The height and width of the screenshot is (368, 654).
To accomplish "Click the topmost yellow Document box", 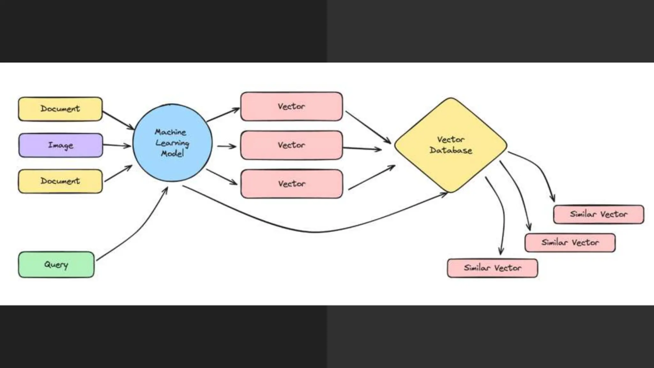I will (60, 109).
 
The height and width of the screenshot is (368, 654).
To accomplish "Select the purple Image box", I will (61, 145).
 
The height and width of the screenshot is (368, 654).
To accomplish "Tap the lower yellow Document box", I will (60, 181).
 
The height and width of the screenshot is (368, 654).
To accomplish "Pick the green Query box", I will (56, 264).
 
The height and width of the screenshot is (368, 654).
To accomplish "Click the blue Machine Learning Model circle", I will (172, 143).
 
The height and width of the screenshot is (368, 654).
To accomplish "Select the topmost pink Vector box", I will (291, 106).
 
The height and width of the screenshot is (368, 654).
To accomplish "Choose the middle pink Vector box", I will (291, 145).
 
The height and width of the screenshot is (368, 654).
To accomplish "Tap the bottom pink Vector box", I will (292, 184).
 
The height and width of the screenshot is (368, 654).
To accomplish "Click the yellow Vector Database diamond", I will (451, 145).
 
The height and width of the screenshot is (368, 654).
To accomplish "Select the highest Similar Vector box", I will (598, 214).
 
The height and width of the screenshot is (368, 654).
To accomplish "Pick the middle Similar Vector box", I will (570, 243).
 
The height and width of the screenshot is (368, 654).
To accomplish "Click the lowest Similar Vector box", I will (492, 268).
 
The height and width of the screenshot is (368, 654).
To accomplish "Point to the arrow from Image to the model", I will (117, 146).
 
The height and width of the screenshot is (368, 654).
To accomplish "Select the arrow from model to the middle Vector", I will (227, 147).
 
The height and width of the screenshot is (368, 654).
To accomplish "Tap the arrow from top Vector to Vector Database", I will (367, 126).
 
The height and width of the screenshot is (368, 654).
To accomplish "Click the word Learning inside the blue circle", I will (172, 143).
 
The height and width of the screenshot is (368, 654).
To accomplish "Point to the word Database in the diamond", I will (451, 150).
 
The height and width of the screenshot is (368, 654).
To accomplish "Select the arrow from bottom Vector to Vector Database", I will (371, 178).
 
